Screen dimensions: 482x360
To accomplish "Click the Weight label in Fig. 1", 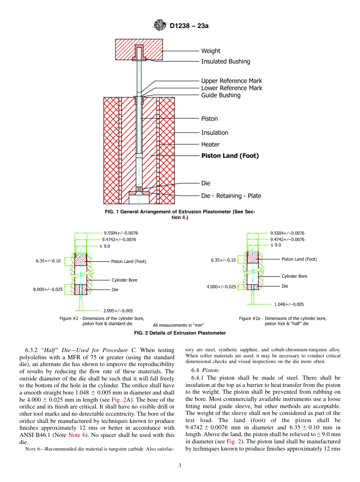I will pyautogui.click(x=210, y=51).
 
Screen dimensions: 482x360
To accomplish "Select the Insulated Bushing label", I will pyautogui.click(x=225, y=61).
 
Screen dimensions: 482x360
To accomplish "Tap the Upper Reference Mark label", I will pyautogui.click(x=231, y=81).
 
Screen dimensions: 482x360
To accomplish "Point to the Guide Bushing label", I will pyautogui.click(x=221, y=95).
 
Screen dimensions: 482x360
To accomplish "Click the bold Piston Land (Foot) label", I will pyautogui.click(x=230, y=156).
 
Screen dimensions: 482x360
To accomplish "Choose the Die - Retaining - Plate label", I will pyautogui.click(x=231, y=196).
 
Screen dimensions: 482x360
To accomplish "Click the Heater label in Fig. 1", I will pyautogui.click(x=210, y=144).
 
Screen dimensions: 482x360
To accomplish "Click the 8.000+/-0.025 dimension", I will pyautogui.click(x=48, y=290).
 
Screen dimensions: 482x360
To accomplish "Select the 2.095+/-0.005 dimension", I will pyautogui.click(x=118, y=311).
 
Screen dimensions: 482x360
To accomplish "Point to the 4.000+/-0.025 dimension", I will pyautogui.click(x=221, y=287).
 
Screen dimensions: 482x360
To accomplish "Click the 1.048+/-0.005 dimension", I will pyautogui.click(x=289, y=304).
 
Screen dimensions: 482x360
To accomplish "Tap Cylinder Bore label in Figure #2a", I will pyautogui.click(x=294, y=276).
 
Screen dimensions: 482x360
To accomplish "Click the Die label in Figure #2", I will pyautogui.click(x=115, y=290).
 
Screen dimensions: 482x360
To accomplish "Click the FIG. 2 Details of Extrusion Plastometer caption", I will pyautogui.click(x=180, y=333).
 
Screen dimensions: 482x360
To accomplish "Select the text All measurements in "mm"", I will pyautogui.click(x=178, y=325).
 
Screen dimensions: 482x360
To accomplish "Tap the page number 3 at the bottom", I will pyautogui.click(x=180, y=465).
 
